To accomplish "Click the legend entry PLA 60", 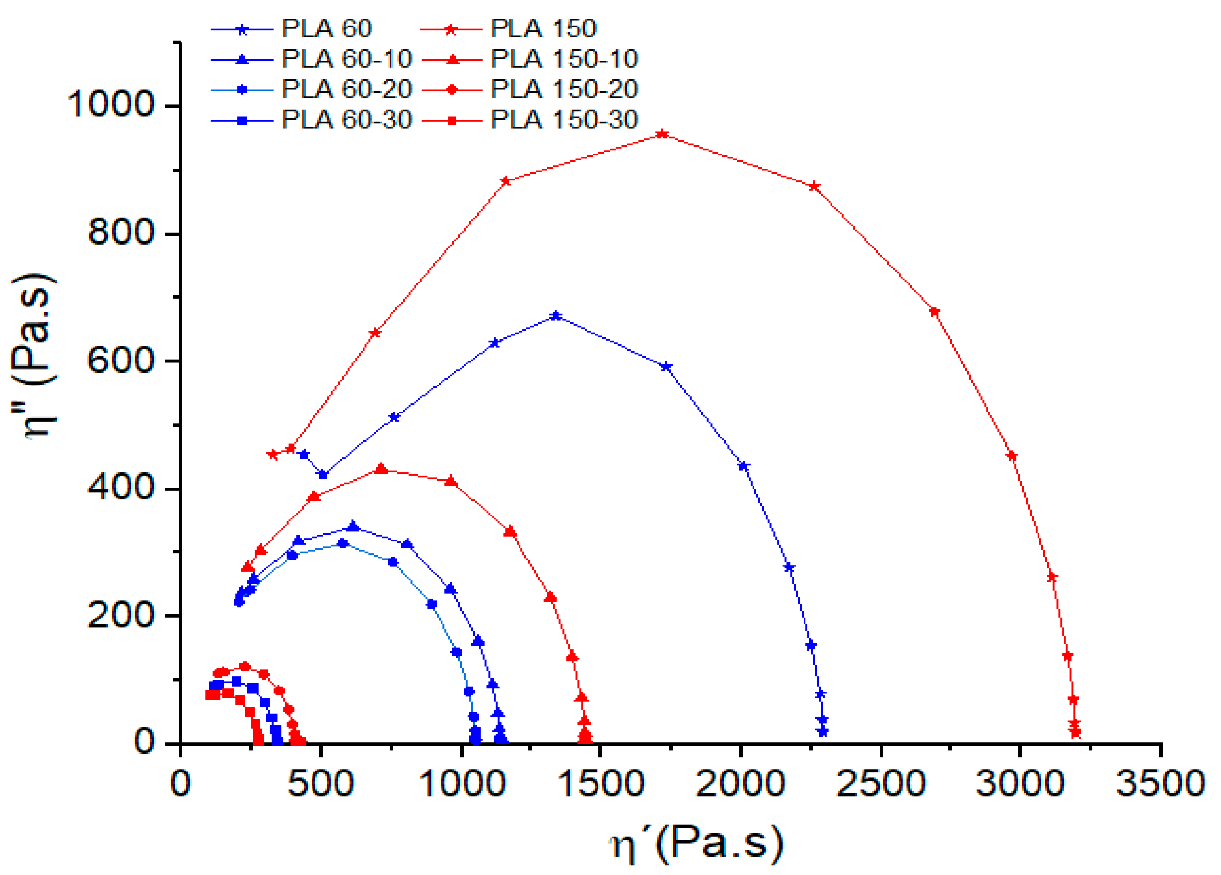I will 326,28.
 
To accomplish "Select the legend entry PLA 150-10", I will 564,59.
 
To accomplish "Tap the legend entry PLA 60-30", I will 346,120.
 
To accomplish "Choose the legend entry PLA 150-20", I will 564,89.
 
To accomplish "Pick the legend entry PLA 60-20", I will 346,89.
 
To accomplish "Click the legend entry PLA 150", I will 543,28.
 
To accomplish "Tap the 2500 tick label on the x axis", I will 880,783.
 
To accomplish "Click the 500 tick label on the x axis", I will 321,783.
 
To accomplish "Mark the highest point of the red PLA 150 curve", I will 663,134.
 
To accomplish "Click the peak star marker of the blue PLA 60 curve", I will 556,316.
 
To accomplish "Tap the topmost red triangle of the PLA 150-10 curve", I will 381,469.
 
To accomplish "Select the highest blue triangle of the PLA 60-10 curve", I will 353,526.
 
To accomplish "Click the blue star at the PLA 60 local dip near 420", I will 322,475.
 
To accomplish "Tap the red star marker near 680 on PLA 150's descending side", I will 935,311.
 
